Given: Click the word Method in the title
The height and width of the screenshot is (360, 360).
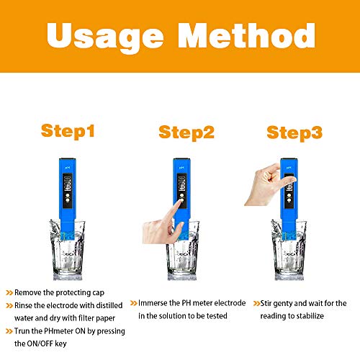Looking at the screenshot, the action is point(246,35).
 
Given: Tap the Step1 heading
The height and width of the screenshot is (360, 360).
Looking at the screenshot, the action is point(68,131).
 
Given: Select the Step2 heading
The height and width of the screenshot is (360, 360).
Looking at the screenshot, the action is point(186,132).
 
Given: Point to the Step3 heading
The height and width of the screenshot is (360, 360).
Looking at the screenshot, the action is point(294,133).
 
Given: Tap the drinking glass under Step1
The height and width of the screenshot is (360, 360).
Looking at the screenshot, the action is point(68,250).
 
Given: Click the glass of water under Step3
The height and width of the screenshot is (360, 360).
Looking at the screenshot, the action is point(289,250).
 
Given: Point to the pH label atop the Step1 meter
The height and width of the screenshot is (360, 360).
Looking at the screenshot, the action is point(68,167).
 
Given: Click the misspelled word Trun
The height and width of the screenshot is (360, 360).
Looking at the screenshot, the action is point(23,331).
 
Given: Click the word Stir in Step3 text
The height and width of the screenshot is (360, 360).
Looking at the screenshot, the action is point(266,303).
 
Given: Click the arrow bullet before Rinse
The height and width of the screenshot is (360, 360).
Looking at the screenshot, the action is point(9,305).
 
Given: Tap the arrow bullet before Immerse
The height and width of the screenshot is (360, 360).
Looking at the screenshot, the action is point(133,303).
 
